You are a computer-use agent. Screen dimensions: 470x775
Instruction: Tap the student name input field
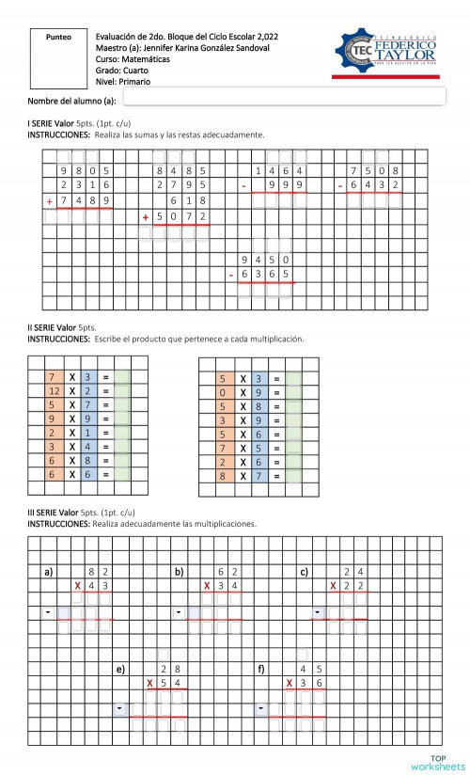click(283, 97)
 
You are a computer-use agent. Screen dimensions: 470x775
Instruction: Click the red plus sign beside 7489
click(50, 201)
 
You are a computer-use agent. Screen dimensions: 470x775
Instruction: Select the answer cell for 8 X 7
click(294, 477)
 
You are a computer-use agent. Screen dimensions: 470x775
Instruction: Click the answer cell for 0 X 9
click(294, 392)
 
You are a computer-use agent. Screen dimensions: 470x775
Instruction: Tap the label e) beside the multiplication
click(119, 669)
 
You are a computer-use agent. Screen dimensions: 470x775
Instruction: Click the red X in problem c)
click(334, 586)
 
